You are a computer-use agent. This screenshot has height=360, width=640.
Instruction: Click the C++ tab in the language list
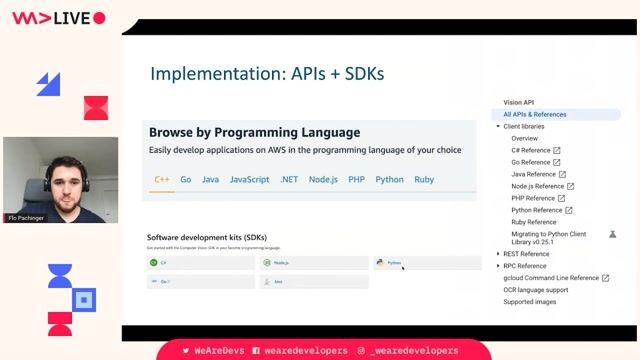point(161,180)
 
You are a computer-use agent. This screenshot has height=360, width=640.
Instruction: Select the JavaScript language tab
point(249,180)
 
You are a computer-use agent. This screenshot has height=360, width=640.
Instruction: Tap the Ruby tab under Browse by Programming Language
point(424,180)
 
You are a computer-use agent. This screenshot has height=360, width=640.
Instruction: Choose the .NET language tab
point(289,180)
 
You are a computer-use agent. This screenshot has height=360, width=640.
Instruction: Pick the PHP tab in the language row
point(356,180)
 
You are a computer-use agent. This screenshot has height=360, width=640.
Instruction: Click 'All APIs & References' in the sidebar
point(535,114)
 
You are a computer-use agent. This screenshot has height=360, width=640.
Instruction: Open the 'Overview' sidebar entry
point(524,138)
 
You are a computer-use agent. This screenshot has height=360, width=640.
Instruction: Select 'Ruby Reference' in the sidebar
point(533,222)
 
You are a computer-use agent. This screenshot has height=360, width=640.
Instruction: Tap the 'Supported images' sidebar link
point(531,302)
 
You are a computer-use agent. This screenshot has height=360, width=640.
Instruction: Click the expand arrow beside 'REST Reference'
point(499,254)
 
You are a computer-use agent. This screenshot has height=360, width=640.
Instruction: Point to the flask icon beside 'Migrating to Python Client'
point(613,234)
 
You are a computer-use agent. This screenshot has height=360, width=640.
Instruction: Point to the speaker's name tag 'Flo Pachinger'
point(27,217)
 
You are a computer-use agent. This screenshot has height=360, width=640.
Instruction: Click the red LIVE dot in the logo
point(99,18)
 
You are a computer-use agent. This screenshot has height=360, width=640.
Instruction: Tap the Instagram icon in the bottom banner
point(362,351)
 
